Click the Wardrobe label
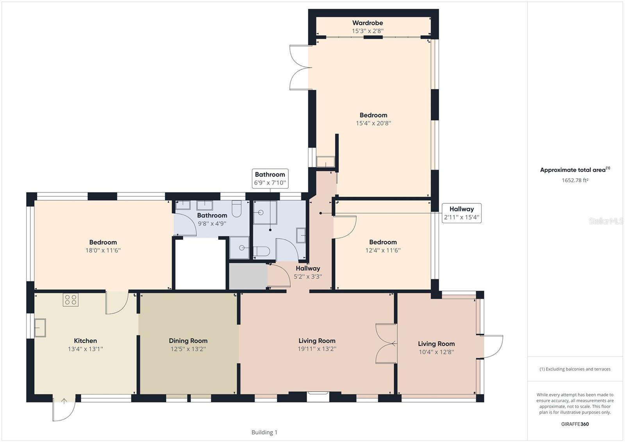pyautogui.click(x=368, y=23)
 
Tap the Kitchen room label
pyautogui.click(x=86, y=341)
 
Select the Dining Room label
pyautogui.click(x=188, y=341)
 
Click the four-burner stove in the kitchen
pyautogui.click(x=71, y=300)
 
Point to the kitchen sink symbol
pyautogui.click(x=40, y=328)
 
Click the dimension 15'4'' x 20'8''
pyautogui.click(x=373, y=123)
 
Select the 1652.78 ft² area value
pyautogui.click(x=575, y=180)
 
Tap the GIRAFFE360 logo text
pyautogui.click(x=575, y=424)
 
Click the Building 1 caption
pyautogui.click(x=264, y=432)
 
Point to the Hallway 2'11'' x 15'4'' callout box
pyautogui.click(x=461, y=213)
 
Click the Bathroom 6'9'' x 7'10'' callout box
pyautogui.click(x=270, y=179)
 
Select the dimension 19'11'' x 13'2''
pyautogui.click(x=317, y=349)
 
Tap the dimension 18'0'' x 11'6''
pyautogui.click(x=103, y=250)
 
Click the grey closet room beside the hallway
pyautogui.click(x=248, y=276)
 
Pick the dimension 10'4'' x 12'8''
pyautogui.click(x=436, y=352)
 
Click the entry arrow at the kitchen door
pyautogui.click(x=64, y=401)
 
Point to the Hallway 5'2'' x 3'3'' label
pyautogui.click(x=308, y=272)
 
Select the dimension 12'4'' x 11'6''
pyautogui.click(x=383, y=250)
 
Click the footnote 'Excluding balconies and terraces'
pyautogui.click(x=575, y=369)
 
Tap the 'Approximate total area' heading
pyautogui.click(x=575, y=170)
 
